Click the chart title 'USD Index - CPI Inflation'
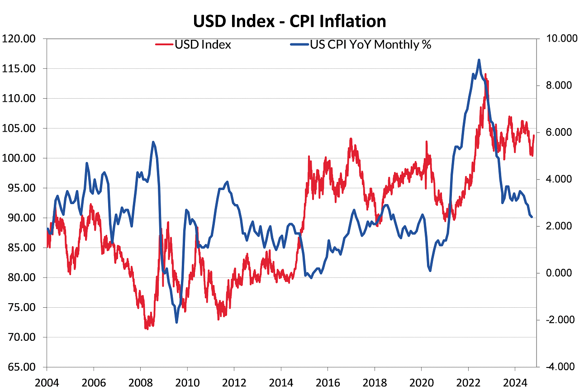[x=289, y=21]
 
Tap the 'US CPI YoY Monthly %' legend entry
[x=370, y=45]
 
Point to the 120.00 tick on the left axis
[x=19, y=38]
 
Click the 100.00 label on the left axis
[x=19, y=158]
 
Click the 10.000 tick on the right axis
[x=559, y=38]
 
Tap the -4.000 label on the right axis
[x=559, y=367]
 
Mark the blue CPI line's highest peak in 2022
[x=479, y=60]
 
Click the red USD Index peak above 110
[x=485, y=74]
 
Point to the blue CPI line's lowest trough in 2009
[x=176, y=322]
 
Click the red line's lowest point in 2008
[x=146, y=328]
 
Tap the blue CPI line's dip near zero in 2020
[x=429, y=271]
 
